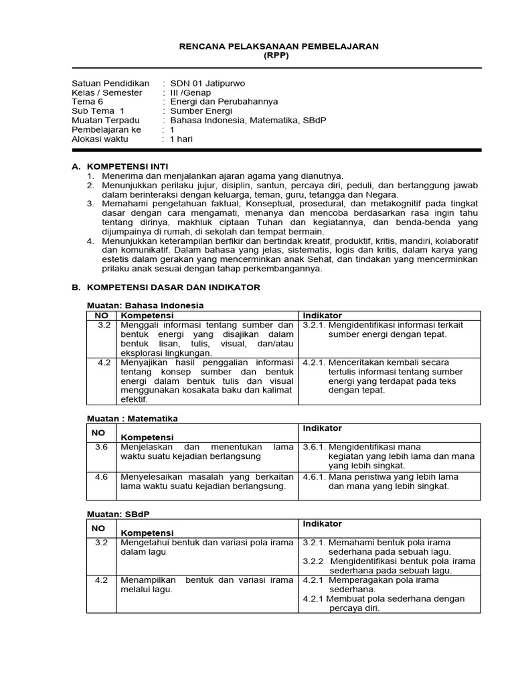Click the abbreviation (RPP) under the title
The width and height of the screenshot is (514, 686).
click(278, 56)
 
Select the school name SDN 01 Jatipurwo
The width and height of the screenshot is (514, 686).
click(207, 83)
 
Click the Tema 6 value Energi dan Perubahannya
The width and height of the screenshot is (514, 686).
click(224, 102)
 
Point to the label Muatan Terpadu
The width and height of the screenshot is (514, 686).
click(106, 120)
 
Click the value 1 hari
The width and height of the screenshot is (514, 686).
click(181, 139)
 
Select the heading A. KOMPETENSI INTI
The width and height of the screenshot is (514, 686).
click(120, 165)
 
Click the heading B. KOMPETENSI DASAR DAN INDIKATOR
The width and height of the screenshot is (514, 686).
click(165, 287)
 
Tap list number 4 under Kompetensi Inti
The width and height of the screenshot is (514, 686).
click(90, 241)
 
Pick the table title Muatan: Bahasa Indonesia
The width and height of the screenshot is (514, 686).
click(145, 305)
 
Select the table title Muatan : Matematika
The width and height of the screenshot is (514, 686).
click(133, 418)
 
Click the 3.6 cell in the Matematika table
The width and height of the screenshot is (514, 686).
click(101, 446)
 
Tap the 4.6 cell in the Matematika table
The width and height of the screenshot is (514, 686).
click(101, 476)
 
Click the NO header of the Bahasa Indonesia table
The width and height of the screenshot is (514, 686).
click(101, 315)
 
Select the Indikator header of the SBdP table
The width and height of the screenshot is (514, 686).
click(323, 523)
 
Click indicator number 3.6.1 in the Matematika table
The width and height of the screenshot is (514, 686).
click(315, 446)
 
